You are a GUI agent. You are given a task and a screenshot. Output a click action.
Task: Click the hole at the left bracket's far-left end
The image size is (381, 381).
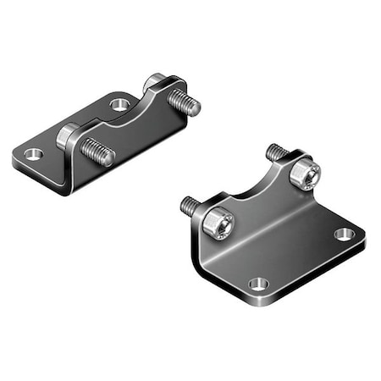33,154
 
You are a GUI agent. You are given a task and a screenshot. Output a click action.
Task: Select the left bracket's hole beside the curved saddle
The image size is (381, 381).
119,105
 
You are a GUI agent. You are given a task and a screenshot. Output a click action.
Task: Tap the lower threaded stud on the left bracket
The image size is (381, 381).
97,152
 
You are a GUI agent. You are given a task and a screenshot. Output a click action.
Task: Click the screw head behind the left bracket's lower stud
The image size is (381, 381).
67,136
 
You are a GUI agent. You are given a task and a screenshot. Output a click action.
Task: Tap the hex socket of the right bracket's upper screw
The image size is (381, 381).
306,174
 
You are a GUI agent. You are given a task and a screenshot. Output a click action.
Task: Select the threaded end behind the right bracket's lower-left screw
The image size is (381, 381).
190,205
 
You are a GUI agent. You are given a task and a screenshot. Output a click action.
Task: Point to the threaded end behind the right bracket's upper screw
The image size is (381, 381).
274,152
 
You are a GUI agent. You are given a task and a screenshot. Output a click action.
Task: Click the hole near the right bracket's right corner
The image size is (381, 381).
343,234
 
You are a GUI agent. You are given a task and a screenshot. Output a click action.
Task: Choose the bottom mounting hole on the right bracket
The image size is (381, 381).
259,284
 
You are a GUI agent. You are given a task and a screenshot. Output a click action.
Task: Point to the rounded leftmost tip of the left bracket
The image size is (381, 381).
15,157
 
